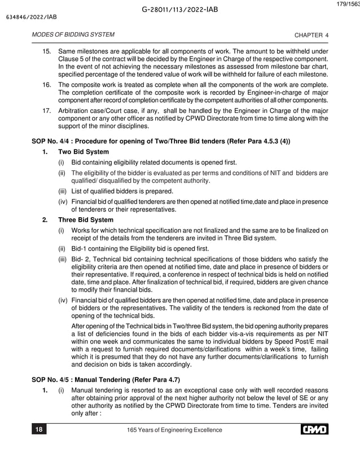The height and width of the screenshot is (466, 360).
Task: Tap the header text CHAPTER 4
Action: (312, 35)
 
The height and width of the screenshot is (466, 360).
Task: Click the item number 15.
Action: (48, 52)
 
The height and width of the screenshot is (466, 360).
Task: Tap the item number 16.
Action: (48, 84)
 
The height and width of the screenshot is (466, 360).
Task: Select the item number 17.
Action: (48, 111)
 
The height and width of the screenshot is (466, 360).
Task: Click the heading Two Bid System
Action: (84, 152)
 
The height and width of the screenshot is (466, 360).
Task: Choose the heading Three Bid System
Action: (86, 220)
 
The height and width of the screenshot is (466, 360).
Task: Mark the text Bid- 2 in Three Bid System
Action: (80, 258)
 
